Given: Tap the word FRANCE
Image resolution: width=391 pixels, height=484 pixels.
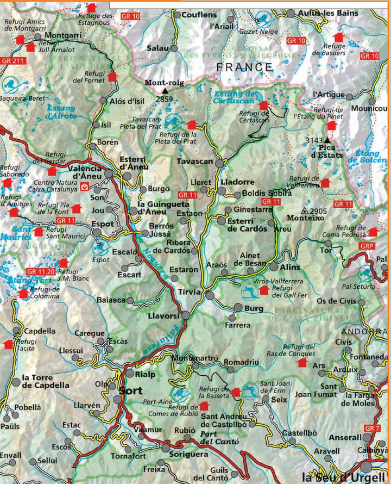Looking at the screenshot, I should click(x=244, y=67).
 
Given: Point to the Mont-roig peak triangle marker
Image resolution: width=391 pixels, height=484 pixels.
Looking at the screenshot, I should click(x=165, y=91).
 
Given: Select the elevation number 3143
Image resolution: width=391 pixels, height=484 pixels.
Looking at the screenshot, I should click(x=314, y=140).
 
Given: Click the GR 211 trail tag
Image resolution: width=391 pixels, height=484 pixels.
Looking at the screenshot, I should click(x=11, y=60).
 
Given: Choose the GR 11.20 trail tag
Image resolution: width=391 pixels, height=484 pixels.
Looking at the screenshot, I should click(x=41, y=271).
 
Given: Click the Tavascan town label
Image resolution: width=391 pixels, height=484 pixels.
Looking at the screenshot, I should click(x=195, y=162).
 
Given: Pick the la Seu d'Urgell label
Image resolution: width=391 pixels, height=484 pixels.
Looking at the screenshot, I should click(x=345, y=477).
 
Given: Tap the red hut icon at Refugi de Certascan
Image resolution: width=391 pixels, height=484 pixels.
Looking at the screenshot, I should click(x=263, y=105).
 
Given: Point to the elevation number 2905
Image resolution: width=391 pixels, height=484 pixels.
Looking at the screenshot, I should click(x=321, y=211).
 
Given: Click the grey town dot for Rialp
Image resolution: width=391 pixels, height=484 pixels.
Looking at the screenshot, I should click(x=130, y=373).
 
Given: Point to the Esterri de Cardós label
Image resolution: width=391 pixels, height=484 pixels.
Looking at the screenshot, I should click(x=247, y=225).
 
